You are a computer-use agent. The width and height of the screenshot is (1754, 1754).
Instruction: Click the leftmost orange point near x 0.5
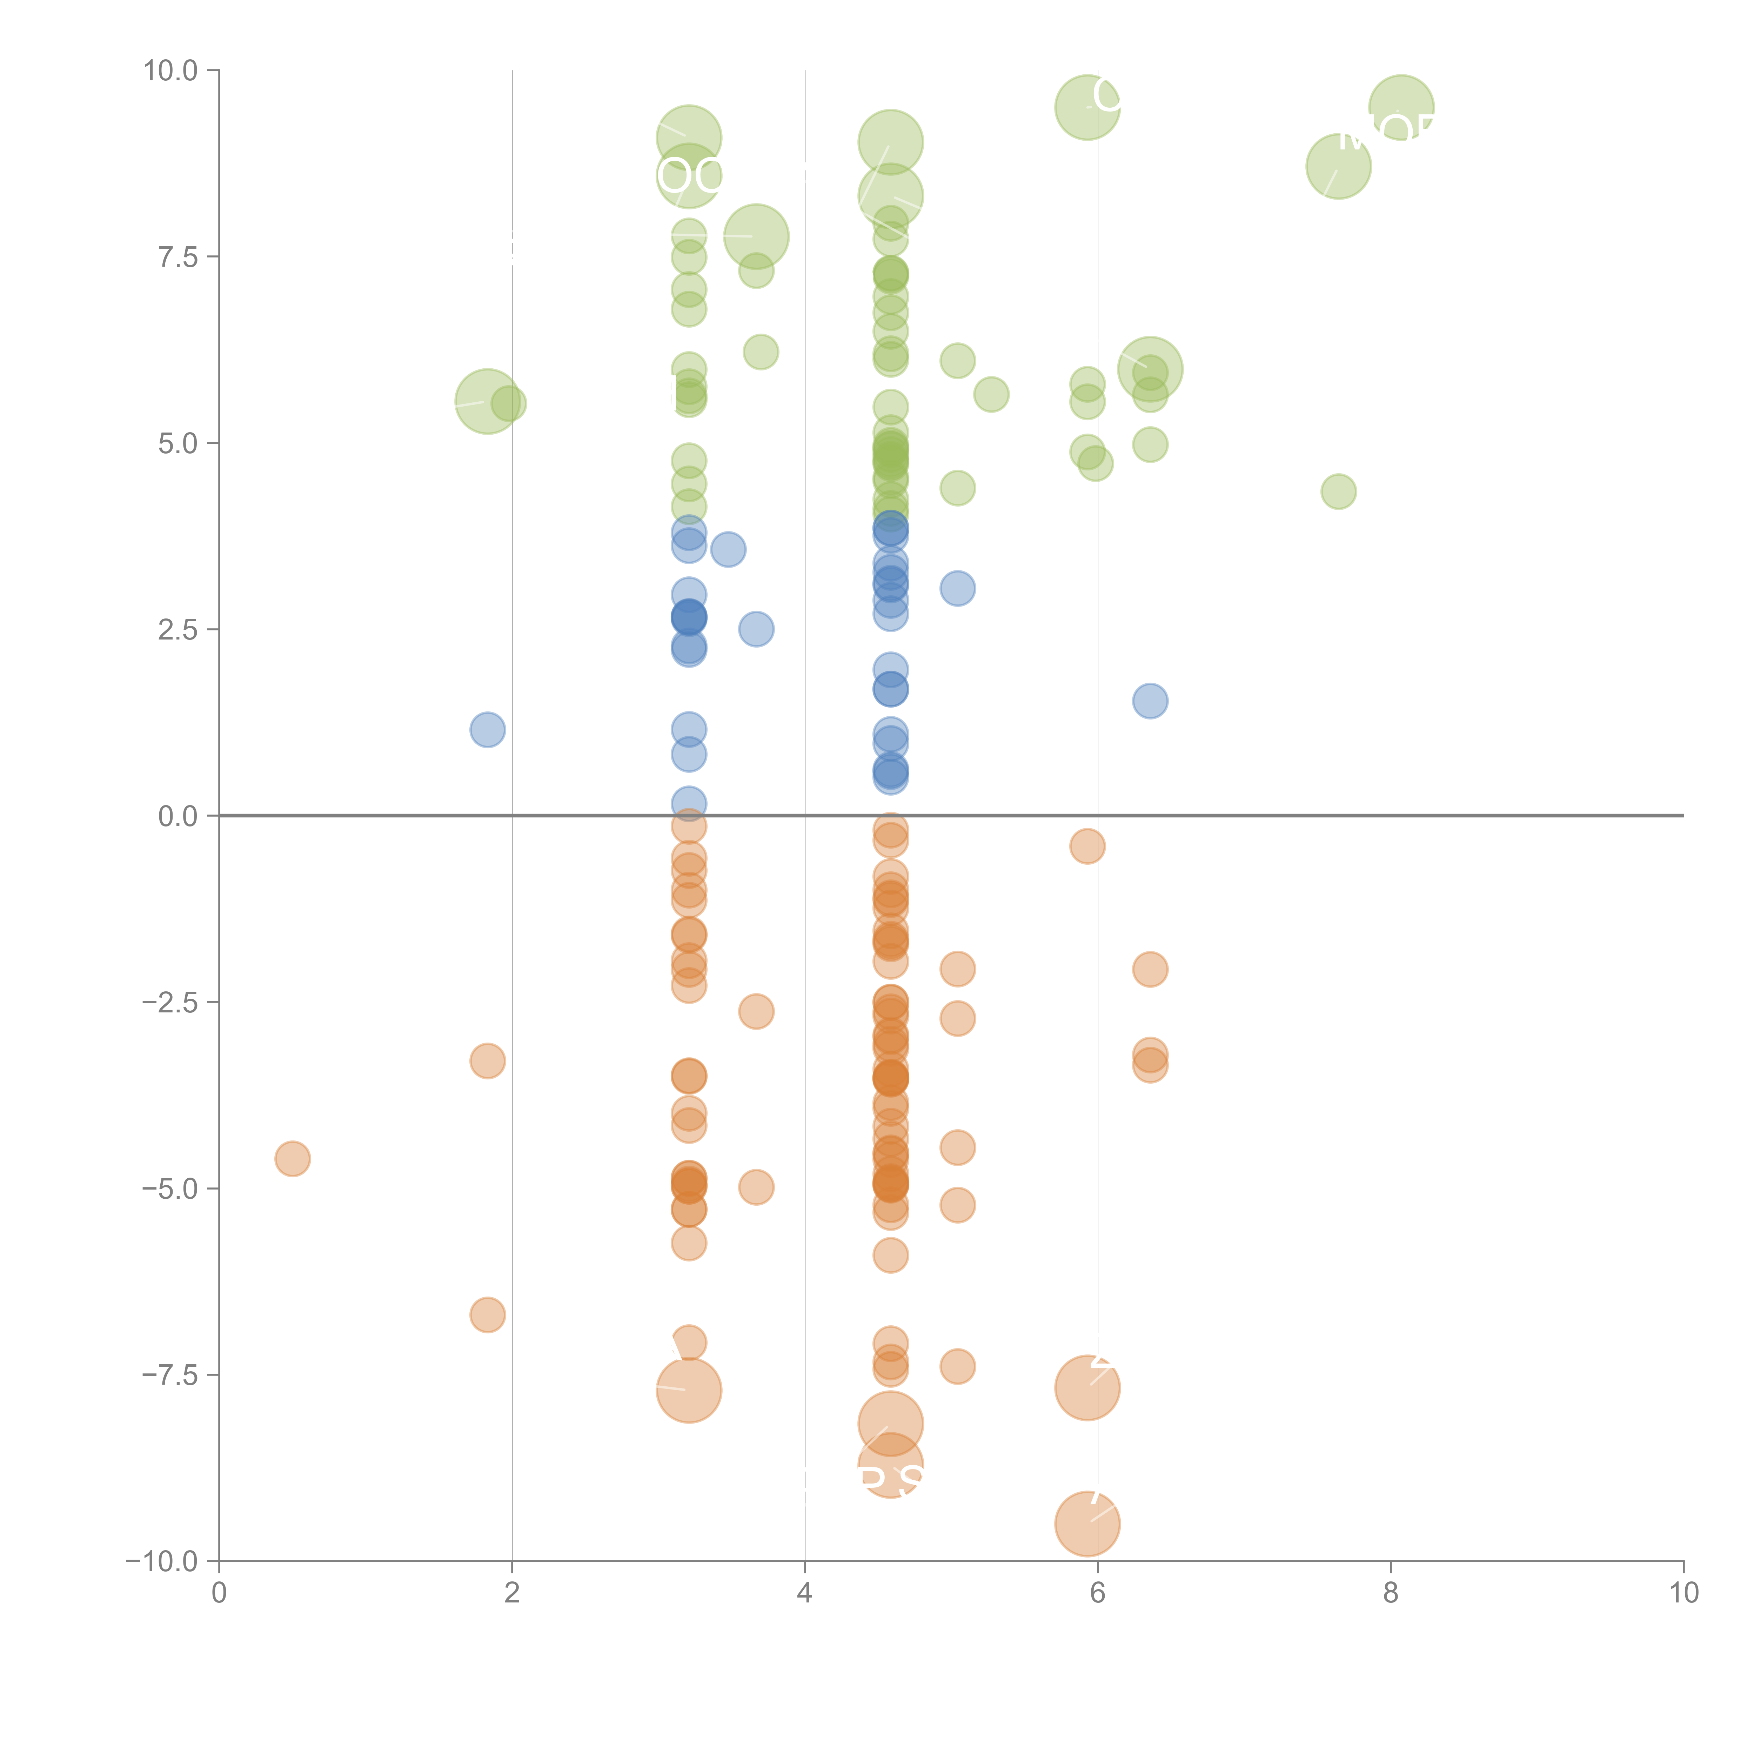[292, 1158]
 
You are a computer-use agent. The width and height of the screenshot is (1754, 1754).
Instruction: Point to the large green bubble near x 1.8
[488, 401]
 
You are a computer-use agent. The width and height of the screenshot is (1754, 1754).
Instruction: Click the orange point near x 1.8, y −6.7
[488, 1314]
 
